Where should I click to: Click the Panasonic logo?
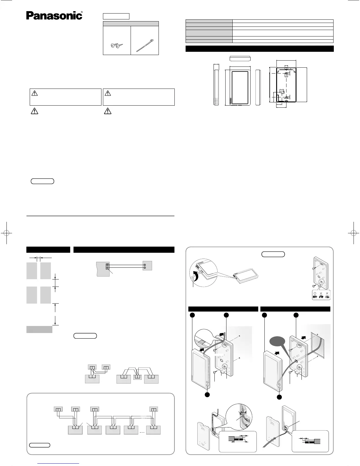(x=54, y=16)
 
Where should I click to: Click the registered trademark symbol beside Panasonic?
(x=81, y=12)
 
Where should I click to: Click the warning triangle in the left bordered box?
(x=35, y=93)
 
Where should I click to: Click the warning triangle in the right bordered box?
(x=108, y=93)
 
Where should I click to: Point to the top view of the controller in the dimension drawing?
(x=240, y=58)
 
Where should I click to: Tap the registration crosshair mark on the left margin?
(x=6, y=233)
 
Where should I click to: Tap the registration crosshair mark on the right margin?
(x=353, y=233)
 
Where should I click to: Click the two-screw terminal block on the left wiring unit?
(x=107, y=266)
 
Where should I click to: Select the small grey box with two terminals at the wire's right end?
(x=147, y=266)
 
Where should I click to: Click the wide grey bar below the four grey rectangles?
(x=39, y=329)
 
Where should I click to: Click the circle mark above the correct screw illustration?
(x=315, y=294)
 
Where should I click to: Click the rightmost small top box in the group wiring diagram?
(x=153, y=409)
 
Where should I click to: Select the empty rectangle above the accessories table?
(x=116, y=16)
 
